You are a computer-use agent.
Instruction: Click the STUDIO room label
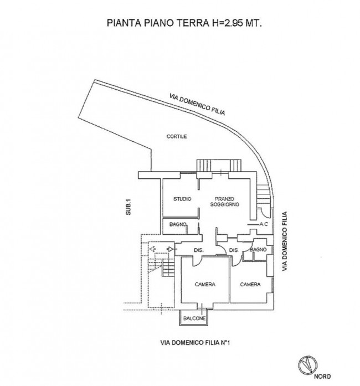182,199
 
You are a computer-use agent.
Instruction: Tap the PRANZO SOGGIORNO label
224,202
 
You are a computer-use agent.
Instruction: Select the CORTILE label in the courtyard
177,136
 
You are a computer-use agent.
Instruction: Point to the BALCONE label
194,318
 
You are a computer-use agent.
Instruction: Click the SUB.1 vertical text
128,207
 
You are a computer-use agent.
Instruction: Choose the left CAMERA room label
205,284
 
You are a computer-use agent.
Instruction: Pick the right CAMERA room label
250,284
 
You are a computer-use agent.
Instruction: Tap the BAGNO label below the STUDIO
178,224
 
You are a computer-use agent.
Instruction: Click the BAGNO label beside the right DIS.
258,250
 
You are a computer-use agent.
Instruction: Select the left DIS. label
199,250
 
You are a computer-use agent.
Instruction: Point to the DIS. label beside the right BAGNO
234,250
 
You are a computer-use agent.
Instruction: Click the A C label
264,224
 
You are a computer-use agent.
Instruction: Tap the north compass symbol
307,364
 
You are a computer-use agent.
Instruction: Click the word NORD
322,377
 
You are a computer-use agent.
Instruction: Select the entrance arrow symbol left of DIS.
170,249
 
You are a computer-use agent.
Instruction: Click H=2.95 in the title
229,23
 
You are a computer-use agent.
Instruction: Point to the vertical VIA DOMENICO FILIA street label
285,241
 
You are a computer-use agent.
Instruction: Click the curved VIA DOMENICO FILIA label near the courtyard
197,104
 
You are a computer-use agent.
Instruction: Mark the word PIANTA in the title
124,23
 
